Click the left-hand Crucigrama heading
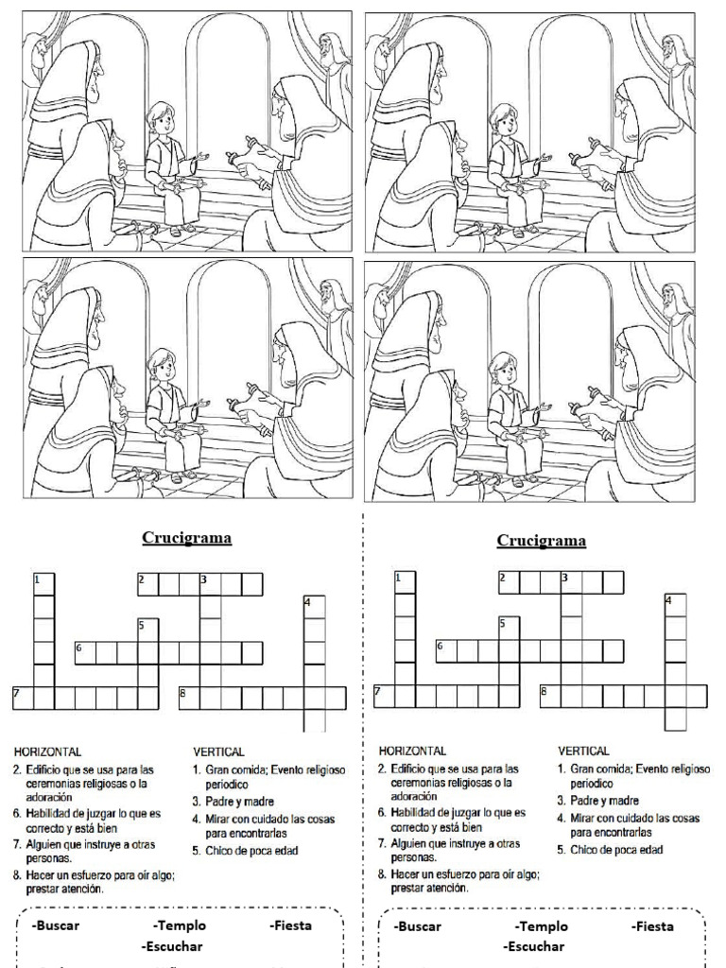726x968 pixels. [x=187, y=539]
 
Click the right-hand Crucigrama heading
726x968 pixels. [x=541, y=541]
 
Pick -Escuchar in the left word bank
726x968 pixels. [x=172, y=945]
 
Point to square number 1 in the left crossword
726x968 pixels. [x=43, y=582]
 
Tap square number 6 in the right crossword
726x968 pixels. [x=446, y=650]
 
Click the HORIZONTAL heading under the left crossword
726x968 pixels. [x=44, y=752]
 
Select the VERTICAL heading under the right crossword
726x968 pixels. [x=583, y=751]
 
